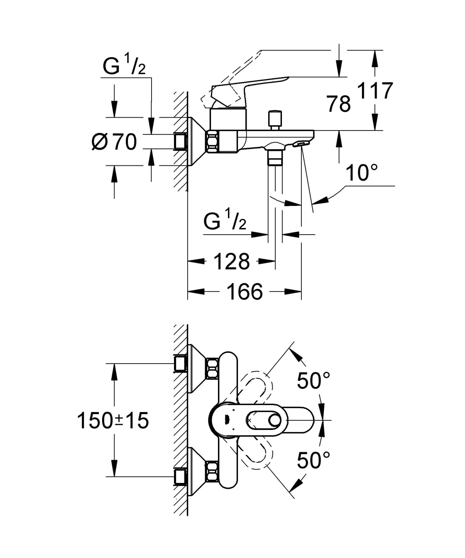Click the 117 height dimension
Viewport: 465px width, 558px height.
375,91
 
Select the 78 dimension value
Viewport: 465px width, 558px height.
339,104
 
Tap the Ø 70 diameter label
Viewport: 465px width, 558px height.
114,142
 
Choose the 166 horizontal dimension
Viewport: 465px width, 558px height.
244,291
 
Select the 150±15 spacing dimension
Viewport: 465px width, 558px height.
113,421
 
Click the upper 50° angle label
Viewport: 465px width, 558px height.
314,380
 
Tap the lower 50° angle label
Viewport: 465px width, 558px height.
314,460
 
